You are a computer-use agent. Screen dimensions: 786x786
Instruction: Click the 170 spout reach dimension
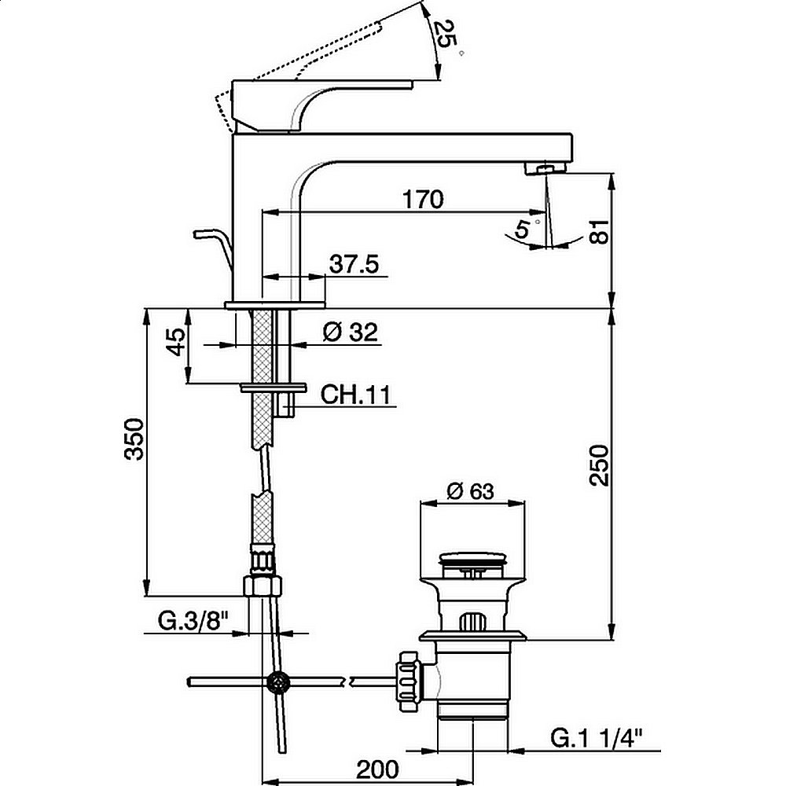tap(423, 200)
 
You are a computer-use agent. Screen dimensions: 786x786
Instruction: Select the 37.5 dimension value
tap(354, 264)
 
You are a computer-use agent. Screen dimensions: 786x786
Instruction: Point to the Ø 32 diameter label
tap(350, 332)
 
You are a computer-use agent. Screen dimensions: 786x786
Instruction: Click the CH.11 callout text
tap(355, 395)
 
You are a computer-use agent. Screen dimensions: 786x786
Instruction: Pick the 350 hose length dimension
tap(135, 439)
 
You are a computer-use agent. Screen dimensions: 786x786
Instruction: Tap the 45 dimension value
tap(175, 342)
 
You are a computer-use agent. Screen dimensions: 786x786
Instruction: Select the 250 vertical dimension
tap(599, 465)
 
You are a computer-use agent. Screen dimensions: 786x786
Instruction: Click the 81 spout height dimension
tap(599, 232)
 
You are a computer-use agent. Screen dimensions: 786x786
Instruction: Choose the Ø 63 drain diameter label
tap(470, 491)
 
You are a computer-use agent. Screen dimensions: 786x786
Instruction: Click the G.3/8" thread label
tap(193, 622)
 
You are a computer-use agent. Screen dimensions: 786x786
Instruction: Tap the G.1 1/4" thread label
tap(597, 737)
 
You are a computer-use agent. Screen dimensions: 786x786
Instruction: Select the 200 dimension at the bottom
tap(377, 769)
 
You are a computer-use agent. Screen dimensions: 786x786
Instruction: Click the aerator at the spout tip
tap(545, 168)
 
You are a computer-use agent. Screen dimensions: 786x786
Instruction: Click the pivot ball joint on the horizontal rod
tap(278, 682)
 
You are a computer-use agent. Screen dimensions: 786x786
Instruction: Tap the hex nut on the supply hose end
tap(263, 586)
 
